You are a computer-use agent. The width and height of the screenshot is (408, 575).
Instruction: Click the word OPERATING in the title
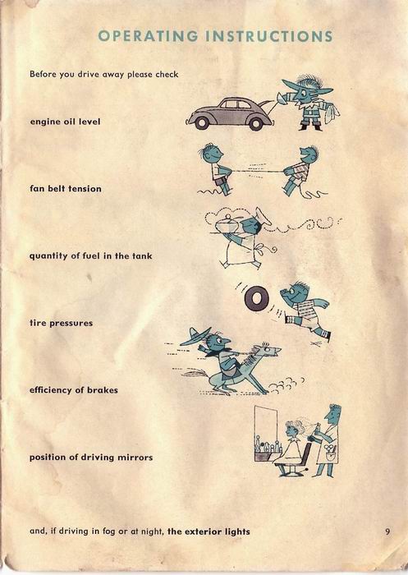148,36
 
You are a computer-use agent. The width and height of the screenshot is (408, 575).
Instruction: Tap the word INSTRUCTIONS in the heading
269,36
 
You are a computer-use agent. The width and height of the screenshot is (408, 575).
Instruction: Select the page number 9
387,531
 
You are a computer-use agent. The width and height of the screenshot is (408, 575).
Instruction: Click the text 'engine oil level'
65,122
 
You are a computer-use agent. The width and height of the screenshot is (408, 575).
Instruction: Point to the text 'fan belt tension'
65,189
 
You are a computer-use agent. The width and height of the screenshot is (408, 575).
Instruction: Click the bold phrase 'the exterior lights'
209,531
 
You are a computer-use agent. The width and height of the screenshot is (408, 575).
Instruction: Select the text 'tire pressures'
61,323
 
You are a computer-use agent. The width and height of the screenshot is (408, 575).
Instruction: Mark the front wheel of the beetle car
201,123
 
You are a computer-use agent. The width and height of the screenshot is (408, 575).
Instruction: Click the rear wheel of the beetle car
255,123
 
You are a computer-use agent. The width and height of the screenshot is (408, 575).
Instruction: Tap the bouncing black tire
257,299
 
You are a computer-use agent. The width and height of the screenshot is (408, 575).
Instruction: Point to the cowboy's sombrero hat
195,337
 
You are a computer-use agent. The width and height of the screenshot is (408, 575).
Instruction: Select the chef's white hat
264,217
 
